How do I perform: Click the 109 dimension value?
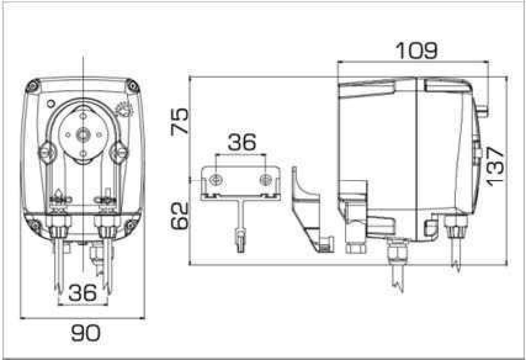pyautogui.click(x=417, y=51)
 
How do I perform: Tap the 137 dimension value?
pyautogui.click(x=495, y=167)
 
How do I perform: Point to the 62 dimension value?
pyautogui.click(x=180, y=216)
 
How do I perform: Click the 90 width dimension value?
pyautogui.click(x=86, y=333)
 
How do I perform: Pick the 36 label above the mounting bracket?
pyautogui.click(x=242, y=143)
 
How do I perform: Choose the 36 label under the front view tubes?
pyautogui.click(x=83, y=293)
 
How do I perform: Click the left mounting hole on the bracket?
pyautogui.click(x=216, y=180)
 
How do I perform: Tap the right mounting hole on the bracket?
pyautogui.click(x=266, y=180)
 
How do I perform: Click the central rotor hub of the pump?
pyautogui.click(x=83, y=135)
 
